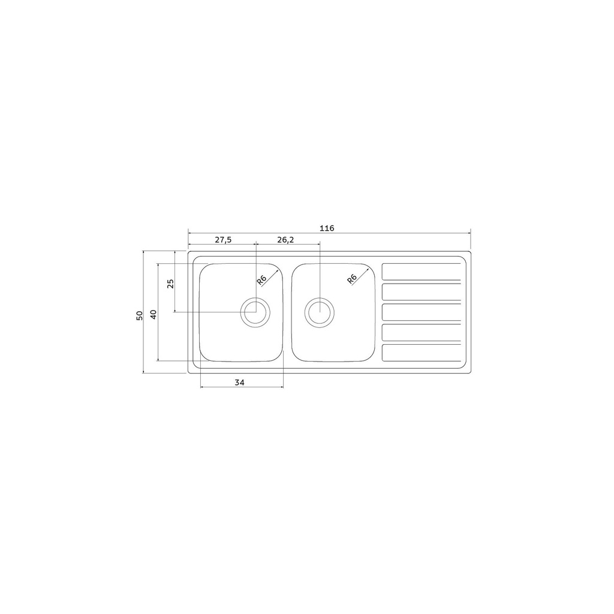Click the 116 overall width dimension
pyautogui.click(x=327, y=228)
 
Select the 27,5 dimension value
pyautogui.click(x=223, y=240)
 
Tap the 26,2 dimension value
pyautogui.click(x=285, y=240)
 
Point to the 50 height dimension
pyautogui.click(x=139, y=315)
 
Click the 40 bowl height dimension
pyautogui.click(x=153, y=314)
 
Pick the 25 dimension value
pyautogui.click(x=170, y=284)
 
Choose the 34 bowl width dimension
pyautogui.click(x=240, y=382)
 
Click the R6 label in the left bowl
pyautogui.click(x=261, y=279)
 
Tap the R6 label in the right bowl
pyautogui.click(x=351, y=279)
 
